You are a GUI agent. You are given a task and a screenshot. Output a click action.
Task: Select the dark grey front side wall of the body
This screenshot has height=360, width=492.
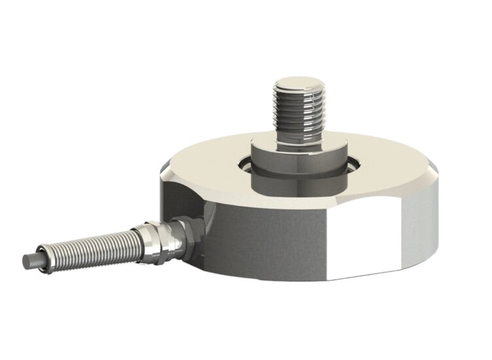(262, 242)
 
